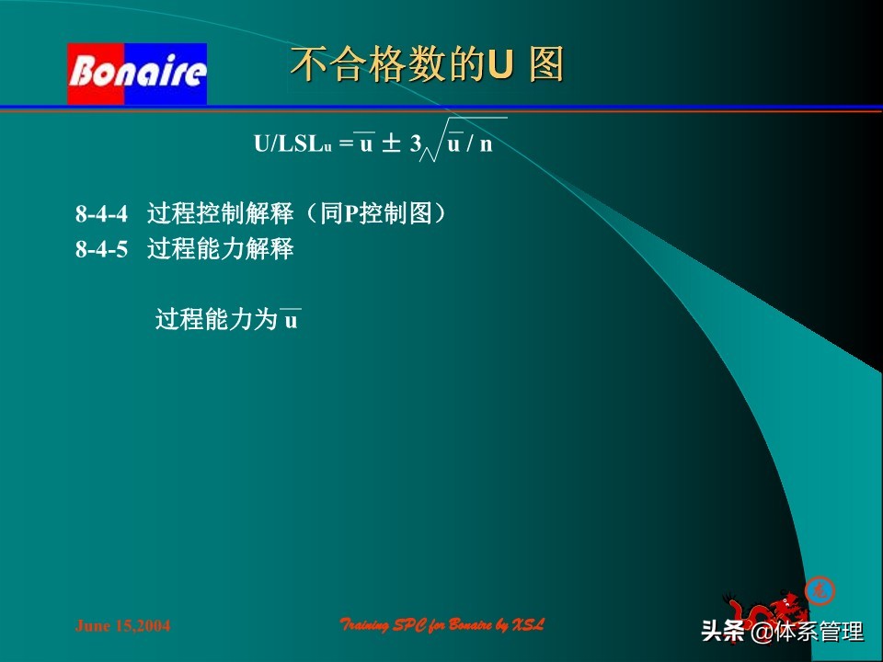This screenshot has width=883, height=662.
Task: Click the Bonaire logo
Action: point(137,74)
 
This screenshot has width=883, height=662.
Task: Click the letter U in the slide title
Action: point(498,66)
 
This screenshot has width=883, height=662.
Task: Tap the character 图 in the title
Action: point(546,66)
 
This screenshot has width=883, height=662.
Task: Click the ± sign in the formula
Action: point(391,144)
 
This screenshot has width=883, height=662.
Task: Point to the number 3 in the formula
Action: point(416,144)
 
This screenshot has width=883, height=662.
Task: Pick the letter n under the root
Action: point(486,144)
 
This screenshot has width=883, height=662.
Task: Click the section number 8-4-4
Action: point(100,215)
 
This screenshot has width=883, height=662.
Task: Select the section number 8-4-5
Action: point(100,249)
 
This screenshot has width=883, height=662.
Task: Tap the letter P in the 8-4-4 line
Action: point(350,215)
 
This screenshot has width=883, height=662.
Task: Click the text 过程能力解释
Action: point(220,249)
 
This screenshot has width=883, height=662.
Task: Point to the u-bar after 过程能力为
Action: point(291,320)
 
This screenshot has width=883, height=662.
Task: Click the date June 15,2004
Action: point(122,626)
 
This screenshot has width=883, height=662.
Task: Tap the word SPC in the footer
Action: point(417,626)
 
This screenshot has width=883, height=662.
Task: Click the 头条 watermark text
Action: point(722,633)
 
